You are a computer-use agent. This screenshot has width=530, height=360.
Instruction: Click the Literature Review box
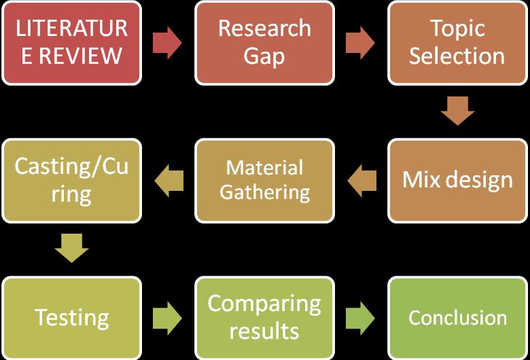coord(71,42)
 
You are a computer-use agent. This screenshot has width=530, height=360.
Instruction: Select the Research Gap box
coord(264,42)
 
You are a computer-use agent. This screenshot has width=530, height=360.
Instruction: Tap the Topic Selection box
coord(457,42)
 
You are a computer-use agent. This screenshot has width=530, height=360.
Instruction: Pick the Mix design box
coord(457,180)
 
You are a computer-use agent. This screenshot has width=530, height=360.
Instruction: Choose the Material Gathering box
coord(264,180)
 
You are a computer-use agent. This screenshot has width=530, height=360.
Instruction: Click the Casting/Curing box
coord(71,180)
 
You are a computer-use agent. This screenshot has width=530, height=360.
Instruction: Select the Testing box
coord(71,317)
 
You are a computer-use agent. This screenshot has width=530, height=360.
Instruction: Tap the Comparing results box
coord(264,317)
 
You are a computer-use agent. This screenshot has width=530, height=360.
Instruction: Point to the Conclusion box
coord(457,317)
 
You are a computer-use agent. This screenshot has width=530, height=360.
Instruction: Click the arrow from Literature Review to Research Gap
coord(167,43)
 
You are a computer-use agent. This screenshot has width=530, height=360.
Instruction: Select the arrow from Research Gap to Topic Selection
coord(360,43)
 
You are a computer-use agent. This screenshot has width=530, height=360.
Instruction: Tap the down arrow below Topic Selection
coord(457,111)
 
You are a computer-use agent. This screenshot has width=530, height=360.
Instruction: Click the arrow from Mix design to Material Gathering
coord(361,180)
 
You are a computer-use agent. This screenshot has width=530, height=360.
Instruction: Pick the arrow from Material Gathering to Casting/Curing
coord(169,180)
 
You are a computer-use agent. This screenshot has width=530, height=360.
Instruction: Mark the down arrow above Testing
coord(71,249)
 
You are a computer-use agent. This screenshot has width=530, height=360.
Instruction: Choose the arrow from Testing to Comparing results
coord(167,317)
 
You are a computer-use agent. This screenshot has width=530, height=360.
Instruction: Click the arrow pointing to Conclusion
coord(360,317)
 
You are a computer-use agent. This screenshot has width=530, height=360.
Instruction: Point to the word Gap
coord(264,56)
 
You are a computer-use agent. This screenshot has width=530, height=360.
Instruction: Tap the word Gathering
coord(264,192)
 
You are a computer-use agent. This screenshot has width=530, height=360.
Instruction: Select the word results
coord(264,331)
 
